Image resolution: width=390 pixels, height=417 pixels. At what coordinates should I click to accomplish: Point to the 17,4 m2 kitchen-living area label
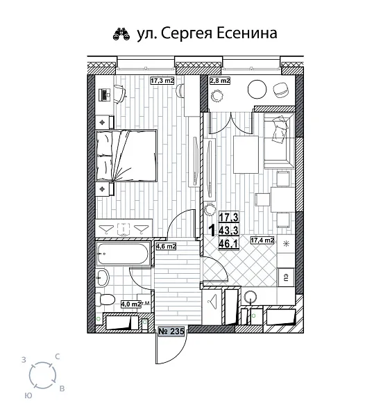263,240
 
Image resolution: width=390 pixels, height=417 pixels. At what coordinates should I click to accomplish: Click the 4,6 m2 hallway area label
165,246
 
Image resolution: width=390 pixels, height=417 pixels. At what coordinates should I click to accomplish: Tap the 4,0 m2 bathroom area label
130,304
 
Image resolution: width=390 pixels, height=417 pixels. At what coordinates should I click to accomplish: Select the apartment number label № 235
171,332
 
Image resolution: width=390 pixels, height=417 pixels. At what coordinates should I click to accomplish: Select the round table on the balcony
257,89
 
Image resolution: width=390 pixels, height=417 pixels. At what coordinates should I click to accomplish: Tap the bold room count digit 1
211,229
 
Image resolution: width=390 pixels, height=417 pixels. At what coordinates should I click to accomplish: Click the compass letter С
57,357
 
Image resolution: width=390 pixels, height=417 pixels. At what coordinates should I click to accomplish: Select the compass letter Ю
27,395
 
